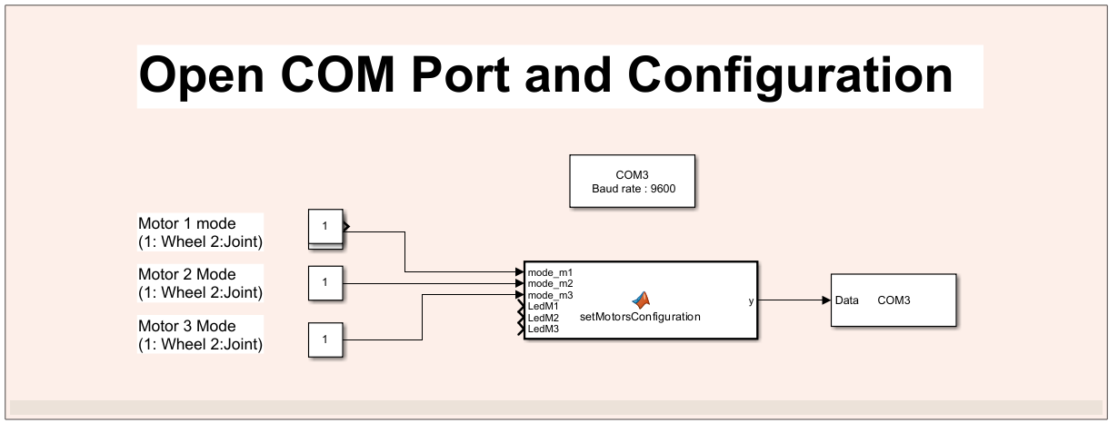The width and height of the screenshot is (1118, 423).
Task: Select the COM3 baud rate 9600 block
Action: (632, 182)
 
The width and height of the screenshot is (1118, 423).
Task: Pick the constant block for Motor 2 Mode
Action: (324, 283)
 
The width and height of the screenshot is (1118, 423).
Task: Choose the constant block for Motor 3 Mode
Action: (324, 339)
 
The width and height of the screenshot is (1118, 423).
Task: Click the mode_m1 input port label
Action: (550, 271)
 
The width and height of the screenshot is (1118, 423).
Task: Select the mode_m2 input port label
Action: (550, 283)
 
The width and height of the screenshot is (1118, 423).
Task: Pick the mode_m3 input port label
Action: (550, 295)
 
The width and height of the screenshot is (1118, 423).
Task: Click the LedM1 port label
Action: (543, 306)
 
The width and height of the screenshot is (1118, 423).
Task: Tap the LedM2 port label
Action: (543, 318)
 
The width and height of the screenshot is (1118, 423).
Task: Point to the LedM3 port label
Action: (543, 329)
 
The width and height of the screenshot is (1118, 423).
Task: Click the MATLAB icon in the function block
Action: (642, 300)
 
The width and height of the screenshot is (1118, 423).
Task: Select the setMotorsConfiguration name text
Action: (640, 317)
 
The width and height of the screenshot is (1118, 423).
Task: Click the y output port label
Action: (751, 300)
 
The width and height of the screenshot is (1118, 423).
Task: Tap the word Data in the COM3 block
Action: (847, 300)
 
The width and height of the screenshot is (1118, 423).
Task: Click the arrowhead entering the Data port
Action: (825, 300)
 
